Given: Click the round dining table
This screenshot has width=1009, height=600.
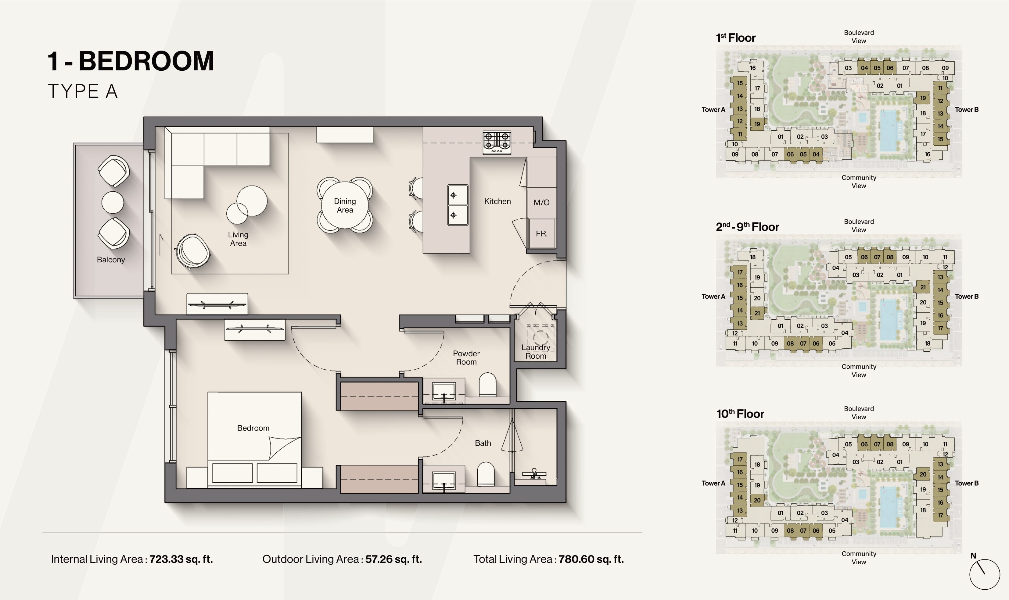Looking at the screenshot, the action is pyautogui.click(x=345, y=205).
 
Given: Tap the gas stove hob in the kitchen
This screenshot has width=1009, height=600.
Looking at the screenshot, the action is pyautogui.click(x=497, y=143).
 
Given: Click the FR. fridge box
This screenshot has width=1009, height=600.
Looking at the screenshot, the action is pyautogui.click(x=542, y=234).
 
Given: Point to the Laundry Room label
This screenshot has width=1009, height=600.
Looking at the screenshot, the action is pyautogui.click(x=536, y=352).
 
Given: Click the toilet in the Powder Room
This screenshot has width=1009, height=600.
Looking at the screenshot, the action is pyautogui.click(x=487, y=385).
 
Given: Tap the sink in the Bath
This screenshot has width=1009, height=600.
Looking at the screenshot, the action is pyautogui.click(x=444, y=481).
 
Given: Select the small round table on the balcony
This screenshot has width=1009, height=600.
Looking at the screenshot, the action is pyautogui.click(x=113, y=202).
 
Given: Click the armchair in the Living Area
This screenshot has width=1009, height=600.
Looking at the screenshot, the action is pyautogui.click(x=192, y=251).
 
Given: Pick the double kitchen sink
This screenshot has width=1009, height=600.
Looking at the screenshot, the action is pyautogui.click(x=458, y=205).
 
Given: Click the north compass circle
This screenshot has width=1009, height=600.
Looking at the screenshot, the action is pyautogui.click(x=985, y=574).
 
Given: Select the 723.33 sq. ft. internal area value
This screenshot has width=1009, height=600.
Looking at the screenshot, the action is pyautogui.click(x=181, y=559).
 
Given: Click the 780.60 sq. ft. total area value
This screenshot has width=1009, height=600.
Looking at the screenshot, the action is pyautogui.click(x=591, y=559).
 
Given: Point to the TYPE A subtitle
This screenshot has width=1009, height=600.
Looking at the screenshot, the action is pyautogui.click(x=83, y=91).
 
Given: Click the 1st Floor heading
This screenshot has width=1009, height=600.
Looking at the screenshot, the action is pyautogui.click(x=735, y=37).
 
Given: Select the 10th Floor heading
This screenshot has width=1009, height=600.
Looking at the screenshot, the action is pyautogui.click(x=740, y=414).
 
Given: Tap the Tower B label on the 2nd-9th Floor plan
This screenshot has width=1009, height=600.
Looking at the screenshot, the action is pyautogui.click(x=967, y=296).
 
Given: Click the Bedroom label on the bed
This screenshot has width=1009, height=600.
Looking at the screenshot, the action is pyautogui.click(x=253, y=428).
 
